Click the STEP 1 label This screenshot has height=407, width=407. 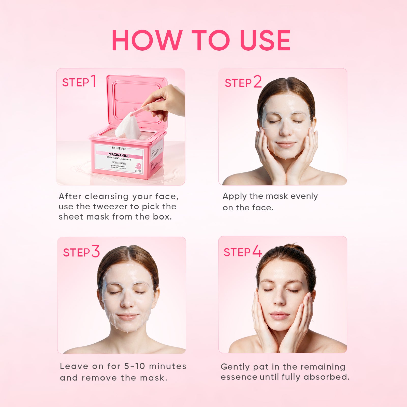click(x=79, y=82)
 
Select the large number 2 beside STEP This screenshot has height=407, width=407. click(x=257, y=82)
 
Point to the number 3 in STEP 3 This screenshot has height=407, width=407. click(x=95, y=251)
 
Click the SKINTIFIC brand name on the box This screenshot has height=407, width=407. click(x=119, y=148)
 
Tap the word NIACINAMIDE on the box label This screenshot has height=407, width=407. click(x=119, y=155)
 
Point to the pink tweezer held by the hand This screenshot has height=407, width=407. click(x=142, y=109)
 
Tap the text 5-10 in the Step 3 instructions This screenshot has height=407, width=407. click(x=135, y=366)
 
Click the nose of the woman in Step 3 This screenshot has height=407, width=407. click(x=127, y=303)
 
